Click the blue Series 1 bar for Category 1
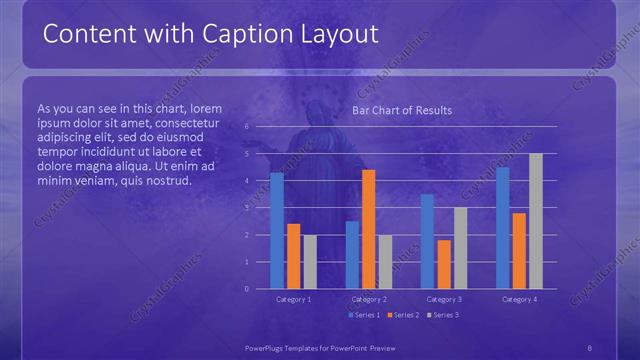277,230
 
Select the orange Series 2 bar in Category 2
369,229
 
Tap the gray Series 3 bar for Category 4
536,221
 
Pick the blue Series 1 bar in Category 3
427,241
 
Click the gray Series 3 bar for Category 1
310,261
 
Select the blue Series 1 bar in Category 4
502,227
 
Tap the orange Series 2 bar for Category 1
293,256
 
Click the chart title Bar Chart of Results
402,110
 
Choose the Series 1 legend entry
364,315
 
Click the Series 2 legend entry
402,315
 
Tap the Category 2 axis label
369,299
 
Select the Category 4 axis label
519,299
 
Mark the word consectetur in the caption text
193,123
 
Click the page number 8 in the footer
590,347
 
